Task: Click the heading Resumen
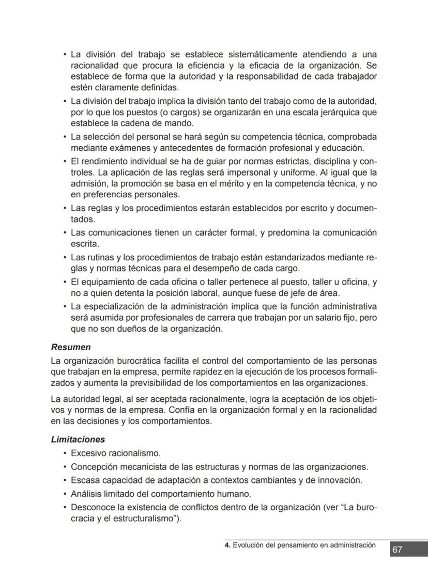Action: [71, 347]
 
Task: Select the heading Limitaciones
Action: [78, 440]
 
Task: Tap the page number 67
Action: [397, 550]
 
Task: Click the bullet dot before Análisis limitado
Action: [65, 494]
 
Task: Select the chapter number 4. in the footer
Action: [227, 544]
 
